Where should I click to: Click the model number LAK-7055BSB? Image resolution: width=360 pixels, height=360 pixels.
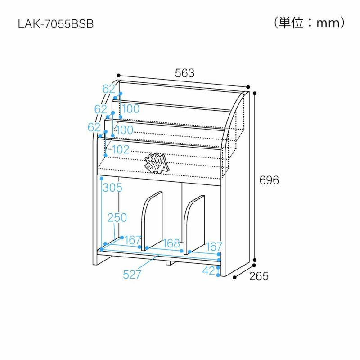55,24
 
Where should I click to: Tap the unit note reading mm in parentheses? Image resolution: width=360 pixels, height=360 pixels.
309,23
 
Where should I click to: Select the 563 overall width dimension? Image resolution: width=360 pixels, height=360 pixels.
184,73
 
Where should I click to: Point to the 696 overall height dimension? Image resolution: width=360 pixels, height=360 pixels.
270,180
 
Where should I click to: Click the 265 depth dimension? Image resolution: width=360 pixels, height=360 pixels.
259,276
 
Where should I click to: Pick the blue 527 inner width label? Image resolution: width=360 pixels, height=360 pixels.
132,274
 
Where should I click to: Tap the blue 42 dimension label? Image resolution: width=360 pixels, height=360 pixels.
208,271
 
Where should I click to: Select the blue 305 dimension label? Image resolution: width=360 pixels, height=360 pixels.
112,188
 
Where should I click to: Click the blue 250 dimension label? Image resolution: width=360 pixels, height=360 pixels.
117,218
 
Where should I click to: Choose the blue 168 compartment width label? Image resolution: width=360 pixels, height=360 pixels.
171,243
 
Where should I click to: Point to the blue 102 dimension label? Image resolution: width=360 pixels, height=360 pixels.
120,150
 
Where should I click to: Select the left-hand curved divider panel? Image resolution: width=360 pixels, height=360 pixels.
152,220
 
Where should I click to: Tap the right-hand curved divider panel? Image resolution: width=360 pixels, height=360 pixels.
195,223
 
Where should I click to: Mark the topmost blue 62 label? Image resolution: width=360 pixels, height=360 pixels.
109,89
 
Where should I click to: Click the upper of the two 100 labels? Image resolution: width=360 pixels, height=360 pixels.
130,108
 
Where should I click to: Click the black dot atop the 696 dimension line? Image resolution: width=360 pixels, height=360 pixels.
254,94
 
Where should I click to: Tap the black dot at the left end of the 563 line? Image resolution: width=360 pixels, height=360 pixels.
118,75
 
